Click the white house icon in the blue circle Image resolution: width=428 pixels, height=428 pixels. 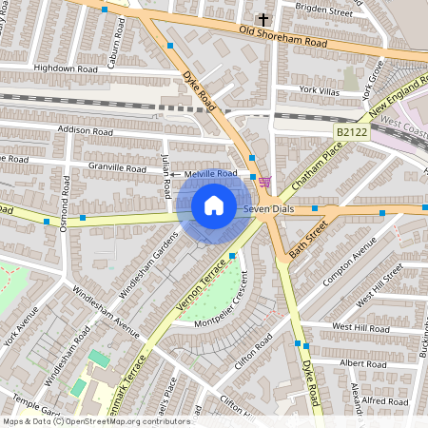coord(214,205)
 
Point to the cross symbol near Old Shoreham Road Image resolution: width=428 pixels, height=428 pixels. coord(263,19)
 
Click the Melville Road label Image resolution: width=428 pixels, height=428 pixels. coord(211,174)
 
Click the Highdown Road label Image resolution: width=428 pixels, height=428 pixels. coord(66,68)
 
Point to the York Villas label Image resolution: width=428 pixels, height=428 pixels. coord(320,89)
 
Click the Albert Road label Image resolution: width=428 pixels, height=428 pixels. coord(362,363)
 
